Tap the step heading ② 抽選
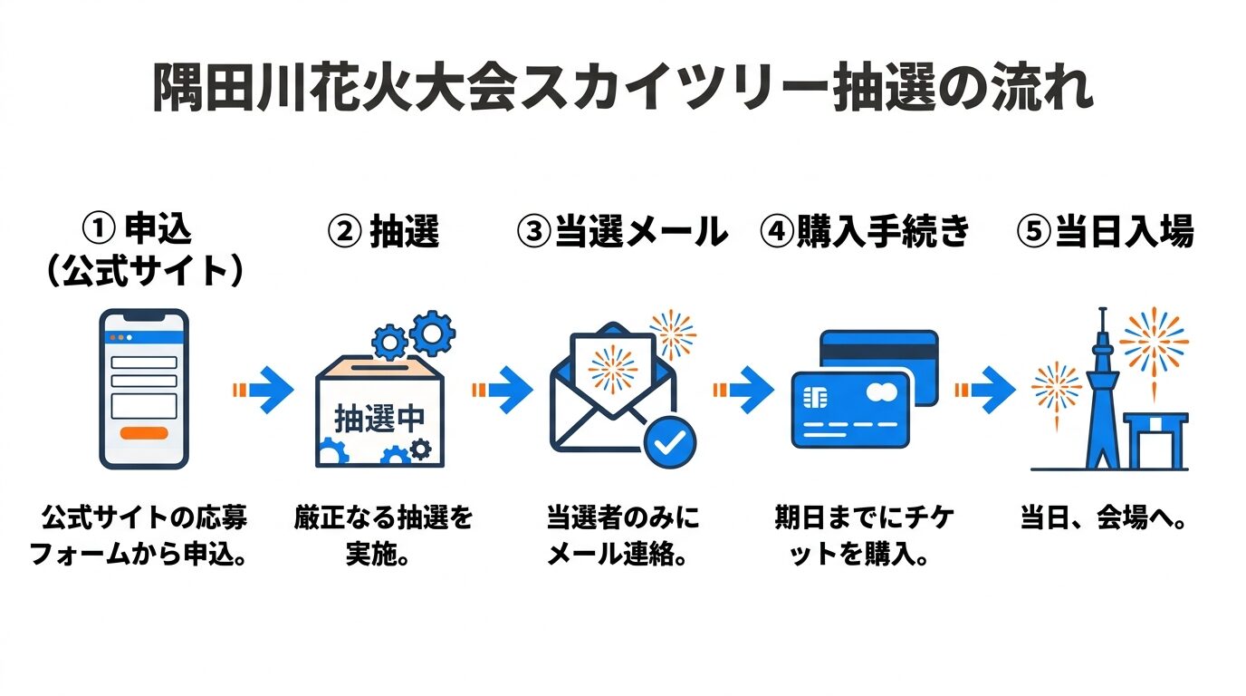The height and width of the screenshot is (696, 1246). [383, 232]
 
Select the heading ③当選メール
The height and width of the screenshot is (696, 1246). [622, 232]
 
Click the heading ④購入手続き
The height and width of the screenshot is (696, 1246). [865, 232]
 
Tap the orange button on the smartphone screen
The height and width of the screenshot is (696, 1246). [143, 432]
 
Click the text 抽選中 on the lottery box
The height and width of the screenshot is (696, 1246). [379, 419]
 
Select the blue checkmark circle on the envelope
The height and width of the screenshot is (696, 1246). [669, 441]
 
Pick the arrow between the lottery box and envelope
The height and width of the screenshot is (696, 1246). [503, 391]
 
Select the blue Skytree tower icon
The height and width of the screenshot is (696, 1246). [1101, 399]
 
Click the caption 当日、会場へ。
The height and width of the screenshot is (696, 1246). [1104, 521]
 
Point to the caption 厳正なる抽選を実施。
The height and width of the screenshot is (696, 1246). [383, 536]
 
